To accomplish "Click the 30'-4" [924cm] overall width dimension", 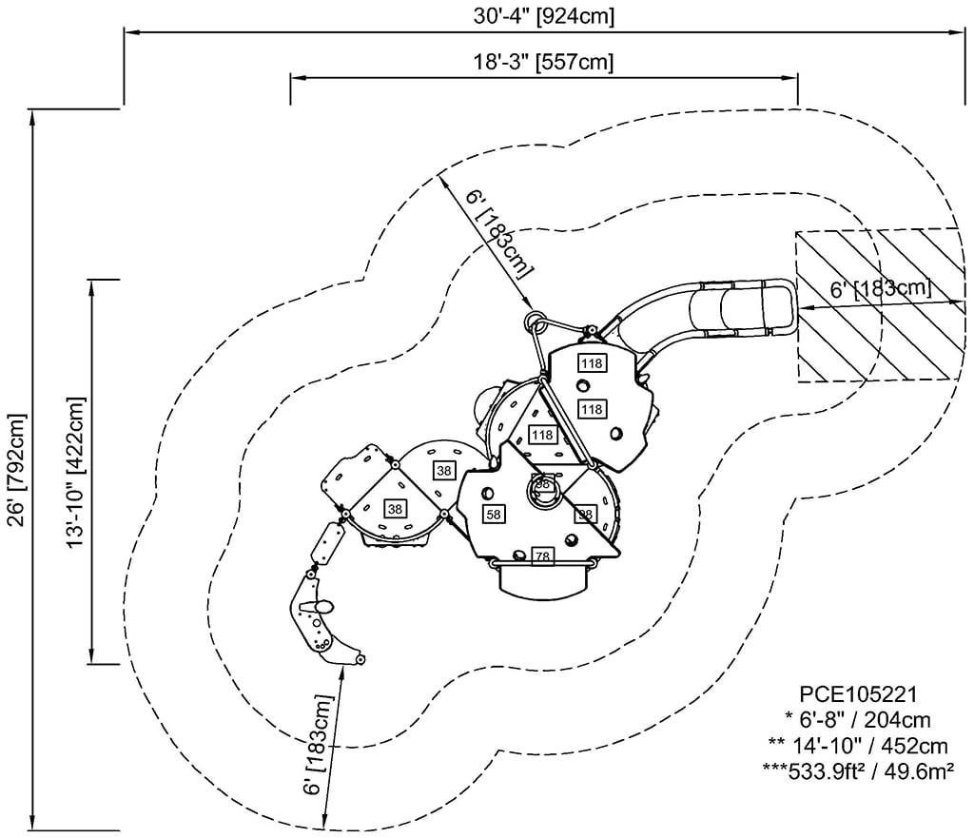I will coord(544,16).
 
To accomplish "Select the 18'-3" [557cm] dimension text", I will coord(543,63).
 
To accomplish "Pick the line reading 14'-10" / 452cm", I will coord(858,744).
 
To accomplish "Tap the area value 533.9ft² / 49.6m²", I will coord(858,770).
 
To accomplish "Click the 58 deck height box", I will coord(494,514).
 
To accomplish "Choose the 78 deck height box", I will coord(542,555).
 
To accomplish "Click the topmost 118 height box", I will coord(592,363).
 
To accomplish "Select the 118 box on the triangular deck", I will coord(542,435).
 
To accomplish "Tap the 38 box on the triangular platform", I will coord(395,509).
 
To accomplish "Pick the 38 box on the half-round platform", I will coord(443,470).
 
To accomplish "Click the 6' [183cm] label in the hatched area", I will coord(879,289).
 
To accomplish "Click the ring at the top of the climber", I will coord(535,318).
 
